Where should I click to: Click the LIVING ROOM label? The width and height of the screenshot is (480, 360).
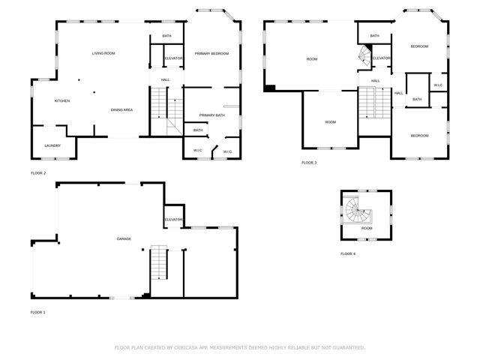pyautogui.click(x=103, y=53)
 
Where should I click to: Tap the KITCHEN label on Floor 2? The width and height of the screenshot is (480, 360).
pyautogui.click(x=61, y=100)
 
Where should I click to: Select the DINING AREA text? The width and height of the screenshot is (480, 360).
pyautogui.click(x=121, y=110)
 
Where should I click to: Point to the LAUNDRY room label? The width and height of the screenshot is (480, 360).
pyautogui.click(x=52, y=145)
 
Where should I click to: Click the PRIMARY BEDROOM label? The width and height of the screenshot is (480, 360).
pyautogui.click(x=211, y=54)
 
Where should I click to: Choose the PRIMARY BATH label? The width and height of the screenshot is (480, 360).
pyautogui.click(x=212, y=115)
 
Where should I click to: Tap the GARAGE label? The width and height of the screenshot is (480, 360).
pyautogui.click(x=124, y=238)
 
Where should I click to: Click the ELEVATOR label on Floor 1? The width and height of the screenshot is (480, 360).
pyautogui.click(x=173, y=219)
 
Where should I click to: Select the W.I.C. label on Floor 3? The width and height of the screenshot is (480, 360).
pyautogui.click(x=438, y=84)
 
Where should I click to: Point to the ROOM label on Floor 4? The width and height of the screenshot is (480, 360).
pyautogui.click(x=367, y=228)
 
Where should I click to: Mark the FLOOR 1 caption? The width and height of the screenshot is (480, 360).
pyautogui.click(x=37, y=312)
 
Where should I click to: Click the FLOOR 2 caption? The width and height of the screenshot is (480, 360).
pyautogui.click(x=37, y=173)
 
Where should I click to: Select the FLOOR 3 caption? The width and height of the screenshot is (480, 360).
pyautogui.click(x=309, y=163)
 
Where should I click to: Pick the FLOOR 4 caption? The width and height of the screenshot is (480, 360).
pyautogui.click(x=348, y=254)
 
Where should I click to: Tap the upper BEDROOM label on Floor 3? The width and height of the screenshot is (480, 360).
pyautogui.click(x=419, y=46)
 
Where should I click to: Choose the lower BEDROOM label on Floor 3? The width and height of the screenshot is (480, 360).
pyautogui.click(x=419, y=135)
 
